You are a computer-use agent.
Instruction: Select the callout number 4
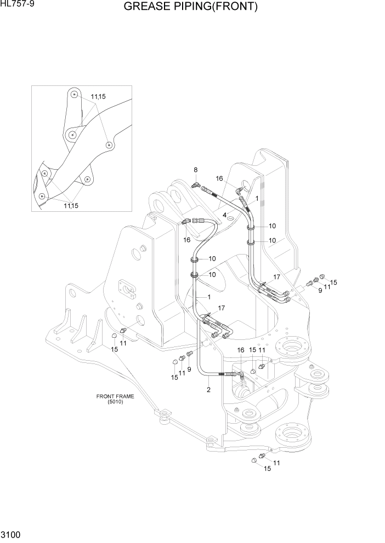(x=225, y=215)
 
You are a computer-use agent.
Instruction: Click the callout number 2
(x=208, y=390)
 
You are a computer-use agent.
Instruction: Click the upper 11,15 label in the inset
(x=98, y=97)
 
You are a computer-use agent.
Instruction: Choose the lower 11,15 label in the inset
(x=71, y=205)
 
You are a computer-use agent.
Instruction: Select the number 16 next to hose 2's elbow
(x=240, y=350)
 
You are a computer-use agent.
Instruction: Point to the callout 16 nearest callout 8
(x=219, y=178)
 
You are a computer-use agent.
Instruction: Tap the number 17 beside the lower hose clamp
(x=222, y=308)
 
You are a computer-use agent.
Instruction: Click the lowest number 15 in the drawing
(x=268, y=469)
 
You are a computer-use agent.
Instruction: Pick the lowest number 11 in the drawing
(x=276, y=463)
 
